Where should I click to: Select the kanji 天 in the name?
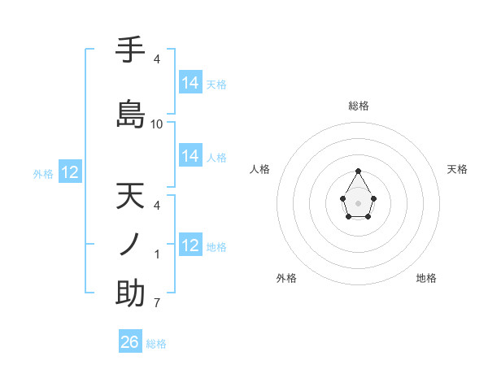click(130, 197)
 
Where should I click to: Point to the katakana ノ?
click(130, 244)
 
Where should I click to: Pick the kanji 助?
click(130, 293)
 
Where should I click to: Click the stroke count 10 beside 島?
click(157, 124)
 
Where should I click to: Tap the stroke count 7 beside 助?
click(157, 304)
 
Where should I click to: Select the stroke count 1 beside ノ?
click(157, 254)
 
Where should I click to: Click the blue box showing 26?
click(130, 342)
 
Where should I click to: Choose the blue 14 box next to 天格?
click(190, 83)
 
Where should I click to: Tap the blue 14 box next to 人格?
click(190, 156)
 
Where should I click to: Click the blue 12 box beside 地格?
click(190, 245)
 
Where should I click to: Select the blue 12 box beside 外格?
click(70, 172)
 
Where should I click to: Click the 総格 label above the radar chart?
click(359, 106)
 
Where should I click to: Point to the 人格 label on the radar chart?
click(259, 169)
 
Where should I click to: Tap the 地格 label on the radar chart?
click(426, 278)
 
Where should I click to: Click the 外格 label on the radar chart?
click(286, 278)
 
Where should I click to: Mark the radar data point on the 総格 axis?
click(359, 171)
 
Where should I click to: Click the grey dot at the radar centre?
click(359, 202)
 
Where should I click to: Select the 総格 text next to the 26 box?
click(156, 344)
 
